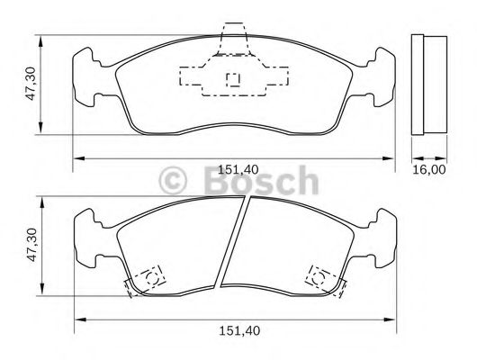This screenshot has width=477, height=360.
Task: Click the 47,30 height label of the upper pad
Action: click(30, 83)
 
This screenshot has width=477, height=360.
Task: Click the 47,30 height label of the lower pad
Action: click(30, 244)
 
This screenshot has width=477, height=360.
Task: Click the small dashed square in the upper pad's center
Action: click(233, 78)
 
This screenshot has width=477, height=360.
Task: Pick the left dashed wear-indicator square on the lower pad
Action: click(149, 274)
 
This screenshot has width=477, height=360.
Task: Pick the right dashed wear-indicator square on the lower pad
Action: click(319, 274)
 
